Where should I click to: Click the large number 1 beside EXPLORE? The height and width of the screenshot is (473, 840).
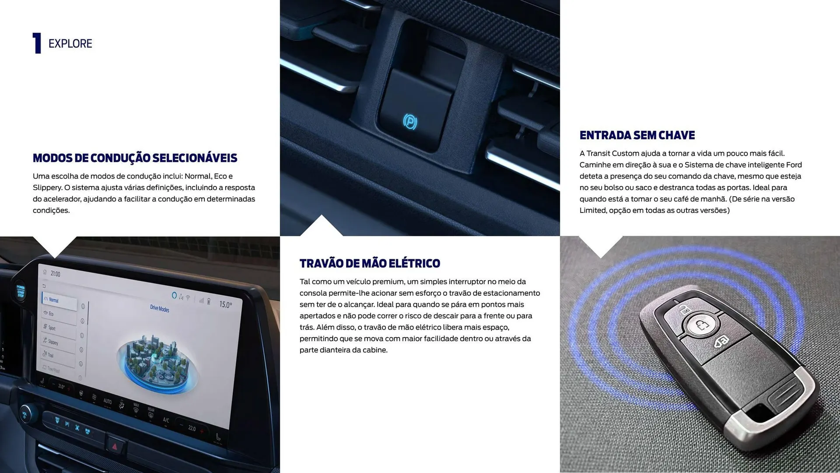37,43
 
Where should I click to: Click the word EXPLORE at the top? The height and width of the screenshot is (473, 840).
70,44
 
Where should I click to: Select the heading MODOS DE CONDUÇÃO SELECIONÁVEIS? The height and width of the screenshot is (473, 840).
135,158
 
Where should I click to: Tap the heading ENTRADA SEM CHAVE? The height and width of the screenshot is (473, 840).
637,135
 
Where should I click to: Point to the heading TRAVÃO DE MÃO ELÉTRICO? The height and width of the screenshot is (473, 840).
370,264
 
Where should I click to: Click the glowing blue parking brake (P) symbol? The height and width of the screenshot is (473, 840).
410,121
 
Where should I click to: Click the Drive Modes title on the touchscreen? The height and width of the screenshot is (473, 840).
159,308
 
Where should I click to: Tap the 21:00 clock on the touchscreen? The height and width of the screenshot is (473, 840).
56,274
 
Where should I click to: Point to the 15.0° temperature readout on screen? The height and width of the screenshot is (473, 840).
225,304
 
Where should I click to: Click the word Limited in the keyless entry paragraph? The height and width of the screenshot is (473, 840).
593,210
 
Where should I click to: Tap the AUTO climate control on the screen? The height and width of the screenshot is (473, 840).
107,401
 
